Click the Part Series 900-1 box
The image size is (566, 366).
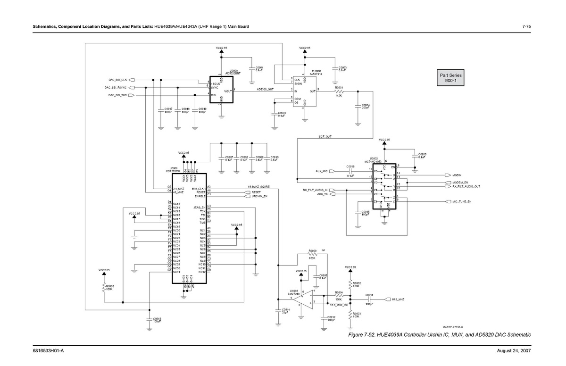(451, 78)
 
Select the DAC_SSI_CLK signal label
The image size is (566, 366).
(117, 80)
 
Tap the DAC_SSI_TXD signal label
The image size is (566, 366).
(117, 95)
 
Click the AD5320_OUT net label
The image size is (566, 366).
(265, 89)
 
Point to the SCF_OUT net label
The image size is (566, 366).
(325, 136)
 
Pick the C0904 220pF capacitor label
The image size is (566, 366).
(366, 107)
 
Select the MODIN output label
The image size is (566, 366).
(453, 175)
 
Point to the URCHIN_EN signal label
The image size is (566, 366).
(259, 196)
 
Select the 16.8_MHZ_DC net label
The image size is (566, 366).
(339, 306)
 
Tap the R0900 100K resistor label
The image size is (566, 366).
(312, 254)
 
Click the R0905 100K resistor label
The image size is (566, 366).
(110, 287)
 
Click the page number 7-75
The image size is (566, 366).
(527, 26)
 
